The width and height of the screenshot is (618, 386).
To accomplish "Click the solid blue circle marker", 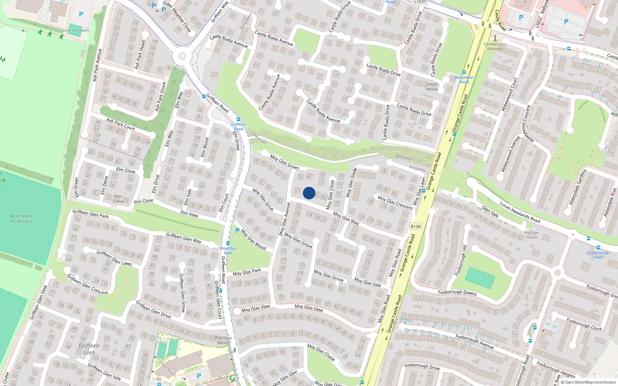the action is [309, 193].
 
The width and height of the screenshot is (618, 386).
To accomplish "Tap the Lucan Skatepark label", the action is [75, 30].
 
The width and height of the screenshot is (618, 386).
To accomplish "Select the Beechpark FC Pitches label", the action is [22, 219].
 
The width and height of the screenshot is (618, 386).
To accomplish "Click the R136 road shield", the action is [416, 227].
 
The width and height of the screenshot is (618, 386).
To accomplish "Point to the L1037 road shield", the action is [420, 2].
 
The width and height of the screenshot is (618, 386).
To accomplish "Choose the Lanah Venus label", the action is [432, 86].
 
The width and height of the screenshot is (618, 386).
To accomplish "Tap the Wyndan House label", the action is [531, 235].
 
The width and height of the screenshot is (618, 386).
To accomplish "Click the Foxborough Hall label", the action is [598, 255].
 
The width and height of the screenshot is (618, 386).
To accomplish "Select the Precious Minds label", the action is [223, 340].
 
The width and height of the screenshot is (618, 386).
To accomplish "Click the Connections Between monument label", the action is [495, 46].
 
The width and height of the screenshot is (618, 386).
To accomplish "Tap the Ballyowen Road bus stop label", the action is [464, 80].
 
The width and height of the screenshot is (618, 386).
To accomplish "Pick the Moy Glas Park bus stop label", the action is [228, 251].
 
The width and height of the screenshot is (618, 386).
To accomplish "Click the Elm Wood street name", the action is [205, 147].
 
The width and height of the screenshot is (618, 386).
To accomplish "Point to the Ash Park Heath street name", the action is [141, 54].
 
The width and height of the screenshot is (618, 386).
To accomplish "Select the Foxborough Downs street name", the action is [457, 292].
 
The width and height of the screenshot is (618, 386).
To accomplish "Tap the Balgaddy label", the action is [418, 169].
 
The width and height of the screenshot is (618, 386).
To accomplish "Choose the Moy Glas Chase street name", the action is [321, 352].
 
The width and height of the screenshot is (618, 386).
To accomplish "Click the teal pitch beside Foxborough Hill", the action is [480, 278].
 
